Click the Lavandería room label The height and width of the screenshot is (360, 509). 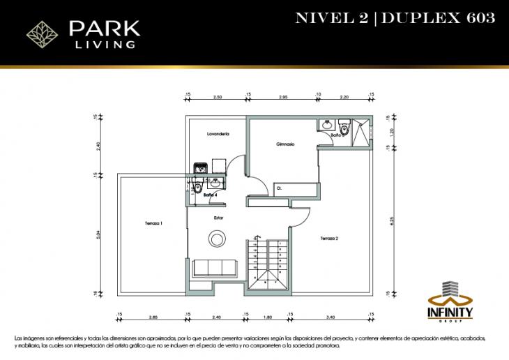click(x=218, y=133)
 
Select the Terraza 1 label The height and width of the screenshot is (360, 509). click(x=153, y=223)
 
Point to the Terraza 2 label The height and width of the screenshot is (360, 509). click(x=329, y=239)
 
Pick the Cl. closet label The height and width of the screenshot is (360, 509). click(x=279, y=188)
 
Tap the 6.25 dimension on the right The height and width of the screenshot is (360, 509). click(x=393, y=220)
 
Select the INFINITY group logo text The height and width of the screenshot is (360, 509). click(x=454, y=311)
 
